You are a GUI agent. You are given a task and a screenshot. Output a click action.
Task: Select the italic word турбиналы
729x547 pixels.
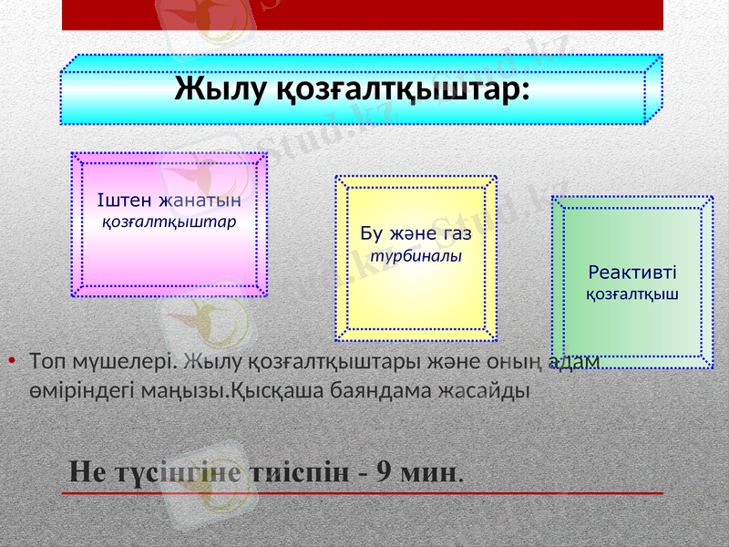[x=414, y=256]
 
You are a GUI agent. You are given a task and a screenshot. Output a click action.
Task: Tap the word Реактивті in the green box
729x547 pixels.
[x=632, y=272]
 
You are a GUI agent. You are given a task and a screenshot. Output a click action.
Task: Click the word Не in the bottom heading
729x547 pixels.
[x=87, y=472]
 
